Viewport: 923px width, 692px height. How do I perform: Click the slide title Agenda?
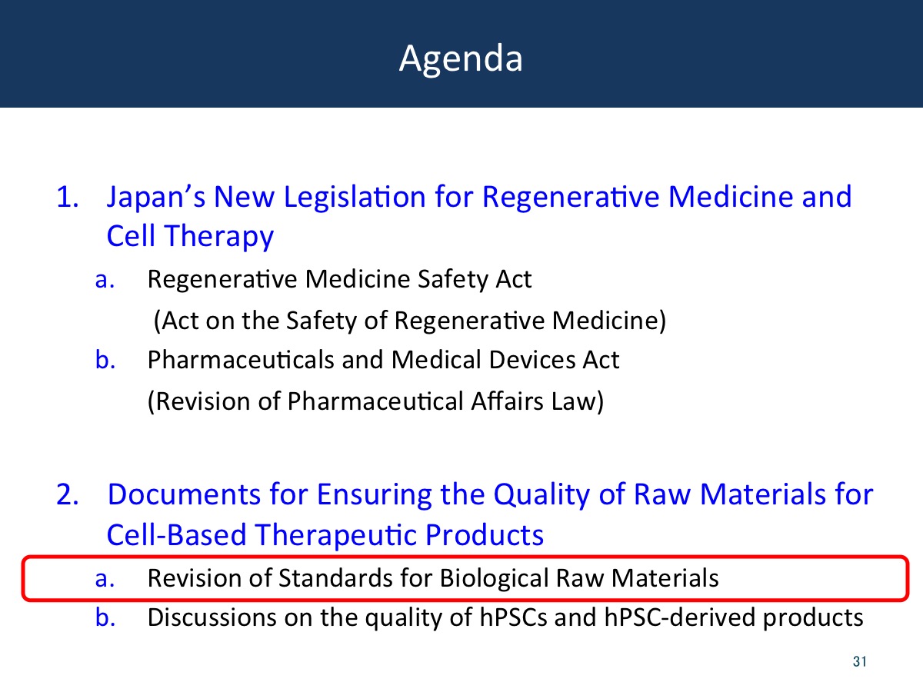[x=461, y=59]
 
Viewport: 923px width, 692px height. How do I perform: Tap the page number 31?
[x=859, y=661]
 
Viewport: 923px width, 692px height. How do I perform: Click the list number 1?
[x=68, y=197]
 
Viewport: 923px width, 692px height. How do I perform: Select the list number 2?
[x=68, y=494]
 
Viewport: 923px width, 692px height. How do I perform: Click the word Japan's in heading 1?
[x=156, y=198]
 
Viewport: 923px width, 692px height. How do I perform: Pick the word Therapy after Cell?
[x=218, y=237]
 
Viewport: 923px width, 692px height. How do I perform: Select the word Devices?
[x=531, y=360]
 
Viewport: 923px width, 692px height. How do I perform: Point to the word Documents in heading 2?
[x=185, y=494]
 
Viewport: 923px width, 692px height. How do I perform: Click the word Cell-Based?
[x=177, y=535]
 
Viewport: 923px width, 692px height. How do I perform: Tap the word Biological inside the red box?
[x=495, y=579]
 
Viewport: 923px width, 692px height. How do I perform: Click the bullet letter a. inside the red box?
[x=105, y=579]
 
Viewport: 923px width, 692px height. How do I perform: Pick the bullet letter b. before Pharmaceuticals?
[x=105, y=360]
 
